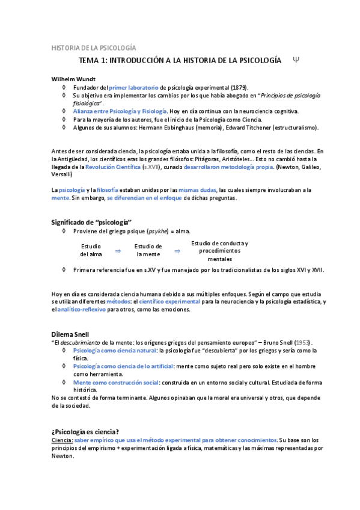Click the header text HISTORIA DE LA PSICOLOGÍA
click(93, 48)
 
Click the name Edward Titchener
click(263, 127)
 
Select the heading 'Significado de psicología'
click(91, 222)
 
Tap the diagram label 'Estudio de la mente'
click(148, 250)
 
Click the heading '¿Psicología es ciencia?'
click(85, 432)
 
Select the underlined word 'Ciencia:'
click(62, 440)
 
